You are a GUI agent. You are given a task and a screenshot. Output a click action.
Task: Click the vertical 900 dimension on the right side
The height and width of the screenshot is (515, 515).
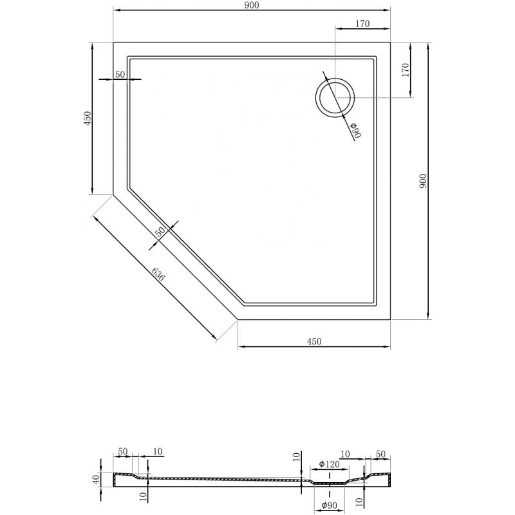pyautogui.click(x=422, y=182)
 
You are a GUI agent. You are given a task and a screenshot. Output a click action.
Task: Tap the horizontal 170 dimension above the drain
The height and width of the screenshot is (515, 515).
pyautogui.click(x=362, y=24)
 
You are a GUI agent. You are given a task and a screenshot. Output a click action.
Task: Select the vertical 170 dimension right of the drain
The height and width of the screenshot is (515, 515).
pyautogui.click(x=405, y=70)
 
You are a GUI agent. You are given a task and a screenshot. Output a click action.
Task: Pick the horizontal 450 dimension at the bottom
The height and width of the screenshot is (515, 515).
pyautogui.click(x=314, y=341)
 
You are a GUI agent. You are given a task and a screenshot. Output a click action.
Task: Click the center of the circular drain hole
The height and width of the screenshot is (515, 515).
pyautogui.click(x=334, y=98)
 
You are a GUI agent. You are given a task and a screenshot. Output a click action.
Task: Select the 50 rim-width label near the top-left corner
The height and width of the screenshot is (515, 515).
pyautogui.click(x=120, y=75)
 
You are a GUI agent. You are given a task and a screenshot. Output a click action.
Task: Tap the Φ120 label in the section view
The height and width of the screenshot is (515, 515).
pyautogui.click(x=330, y=464)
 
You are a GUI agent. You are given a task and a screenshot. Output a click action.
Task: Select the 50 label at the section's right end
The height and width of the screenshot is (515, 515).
pyautogui.click(x=380, y=454)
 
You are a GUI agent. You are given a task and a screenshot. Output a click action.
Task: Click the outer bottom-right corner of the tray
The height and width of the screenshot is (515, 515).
pyautogui.click(x=391, y=319)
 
